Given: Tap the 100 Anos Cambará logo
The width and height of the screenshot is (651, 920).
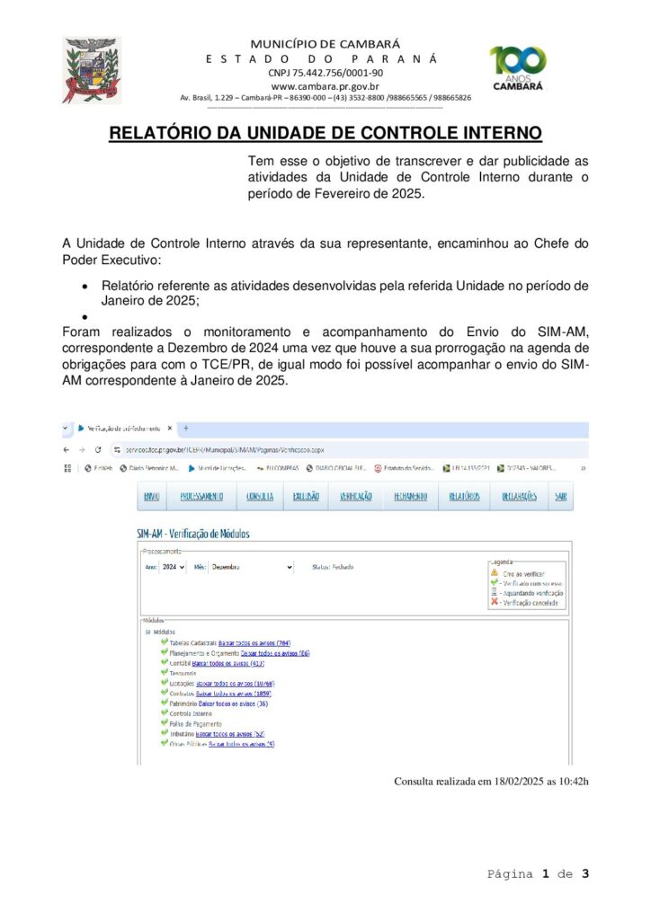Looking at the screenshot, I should pyautogui.click(x=518, y=68).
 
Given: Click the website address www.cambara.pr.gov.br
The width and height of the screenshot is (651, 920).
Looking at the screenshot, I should pyautogui.click(x=325, y=85).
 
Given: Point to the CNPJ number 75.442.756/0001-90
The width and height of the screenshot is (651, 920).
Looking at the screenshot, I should pyautogui.click(x=325, y=72).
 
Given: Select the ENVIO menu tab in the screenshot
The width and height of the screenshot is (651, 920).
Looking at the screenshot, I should pyautogui.click(x=152, y=496).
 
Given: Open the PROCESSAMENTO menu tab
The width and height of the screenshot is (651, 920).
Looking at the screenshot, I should pyautogui.click(x=201, y=496).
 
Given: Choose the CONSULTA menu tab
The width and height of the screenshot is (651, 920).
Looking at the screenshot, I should pyautogui.click(x=260, y=496).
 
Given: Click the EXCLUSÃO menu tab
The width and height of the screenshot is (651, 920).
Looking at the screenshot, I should pyautogui.click(x=306, y=496).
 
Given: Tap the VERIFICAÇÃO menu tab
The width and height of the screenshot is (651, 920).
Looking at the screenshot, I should pyautogui.click(x=356, y=496).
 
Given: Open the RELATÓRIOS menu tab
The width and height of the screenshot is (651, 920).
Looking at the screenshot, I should pyautogui.click(x=464, y=496).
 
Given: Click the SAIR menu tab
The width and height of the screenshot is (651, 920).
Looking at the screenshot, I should pyautogui.click(x=561, y=496).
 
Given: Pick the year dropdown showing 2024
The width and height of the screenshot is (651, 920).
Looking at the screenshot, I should pyautogui.click(x=174, y=568).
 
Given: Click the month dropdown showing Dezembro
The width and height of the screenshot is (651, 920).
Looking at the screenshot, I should pyautogui.click(x=252, y=568).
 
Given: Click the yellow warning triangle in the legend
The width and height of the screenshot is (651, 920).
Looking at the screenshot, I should pyautogui.click(x=495, y=572).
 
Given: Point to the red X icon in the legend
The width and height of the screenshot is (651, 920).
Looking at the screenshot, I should pyautogui.click(x=495, y=602).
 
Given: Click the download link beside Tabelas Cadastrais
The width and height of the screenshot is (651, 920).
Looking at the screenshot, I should pyautogui.click(x=254, y=643).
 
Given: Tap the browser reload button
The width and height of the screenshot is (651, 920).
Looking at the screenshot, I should pyautogui.click(x=97, y=448).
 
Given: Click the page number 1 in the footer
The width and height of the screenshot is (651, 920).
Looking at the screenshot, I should pyautogui.click(x=545, y=873).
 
